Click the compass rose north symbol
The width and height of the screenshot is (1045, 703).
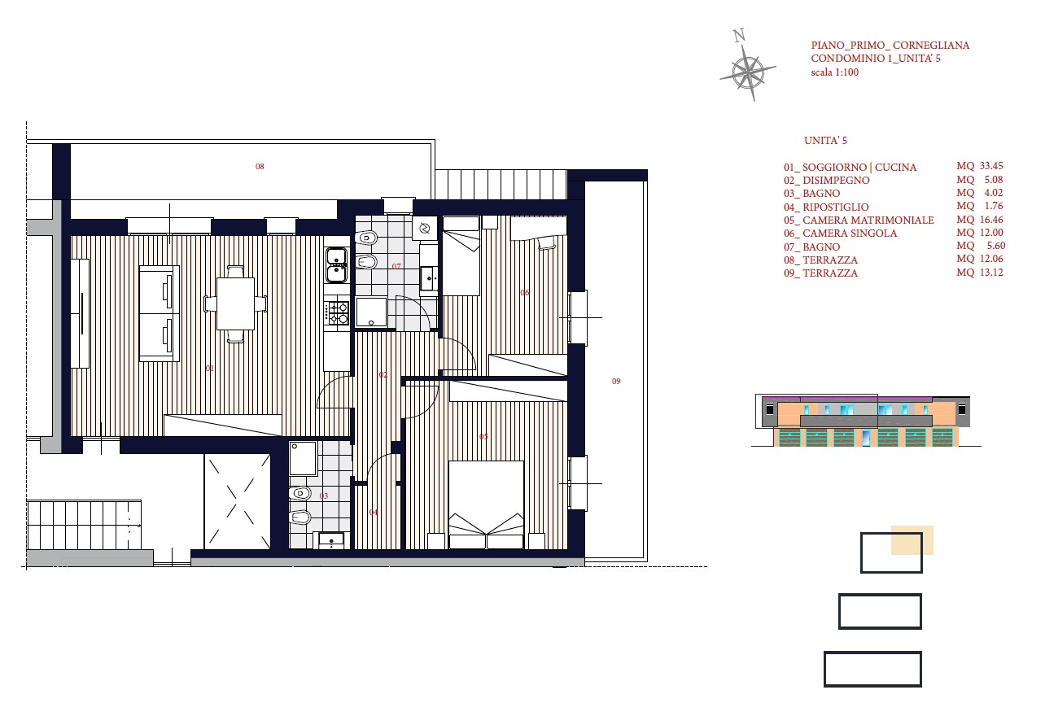(x=747, y=65)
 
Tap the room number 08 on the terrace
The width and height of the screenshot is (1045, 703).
(x=260, y=166)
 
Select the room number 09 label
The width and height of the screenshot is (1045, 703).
(x=616, y=381)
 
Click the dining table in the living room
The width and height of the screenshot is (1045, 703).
(x=235, y=303)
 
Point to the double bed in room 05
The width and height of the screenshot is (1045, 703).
(x=486, y=504)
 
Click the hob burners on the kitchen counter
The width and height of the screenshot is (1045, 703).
(x=337, y=312)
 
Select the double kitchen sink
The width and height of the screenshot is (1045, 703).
(x=336, y=265)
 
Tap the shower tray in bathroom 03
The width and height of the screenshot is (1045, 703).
(x=303, y=458)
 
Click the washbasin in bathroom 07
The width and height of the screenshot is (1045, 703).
(x=428, y=278)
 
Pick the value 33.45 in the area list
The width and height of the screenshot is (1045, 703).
(x=991, y=166)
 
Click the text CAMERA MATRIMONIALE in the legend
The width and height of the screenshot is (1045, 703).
(x=868, y=221)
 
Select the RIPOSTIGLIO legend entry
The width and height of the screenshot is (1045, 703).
(x=826, y=207)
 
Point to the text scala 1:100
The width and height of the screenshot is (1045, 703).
(x=834, y=72)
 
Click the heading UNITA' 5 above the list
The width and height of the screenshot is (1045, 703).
(x=825, y=141)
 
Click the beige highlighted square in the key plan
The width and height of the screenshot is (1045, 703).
(x=912, y=540)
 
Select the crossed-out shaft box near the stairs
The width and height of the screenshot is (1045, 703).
(x=237, y=501)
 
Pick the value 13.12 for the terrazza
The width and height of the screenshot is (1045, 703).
(x=991, y=273)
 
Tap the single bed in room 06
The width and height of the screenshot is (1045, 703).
(x=461, y=255)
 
